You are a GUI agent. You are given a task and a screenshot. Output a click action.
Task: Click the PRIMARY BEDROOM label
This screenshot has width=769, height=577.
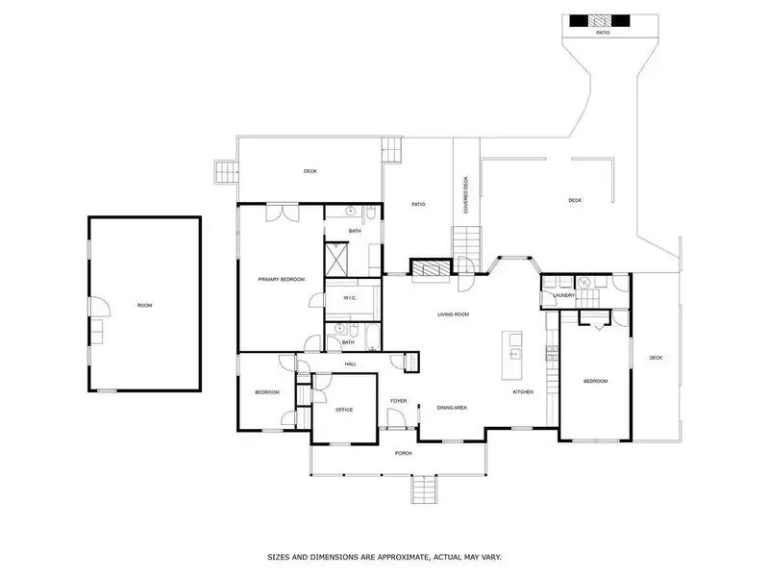pos(282,279)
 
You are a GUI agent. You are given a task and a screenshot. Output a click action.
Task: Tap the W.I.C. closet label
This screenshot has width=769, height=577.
pos(350,298)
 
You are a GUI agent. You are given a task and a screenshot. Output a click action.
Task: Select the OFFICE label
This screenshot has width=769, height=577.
pos(344,410)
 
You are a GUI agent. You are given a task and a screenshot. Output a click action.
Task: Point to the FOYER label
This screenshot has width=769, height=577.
pos(398,401)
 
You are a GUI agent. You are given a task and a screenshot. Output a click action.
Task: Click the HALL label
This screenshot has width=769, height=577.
pos(351,364)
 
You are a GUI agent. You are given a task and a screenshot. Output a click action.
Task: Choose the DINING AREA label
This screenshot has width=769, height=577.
pos(452,408)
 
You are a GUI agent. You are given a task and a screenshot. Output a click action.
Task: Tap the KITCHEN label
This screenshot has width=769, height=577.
pos(523,392)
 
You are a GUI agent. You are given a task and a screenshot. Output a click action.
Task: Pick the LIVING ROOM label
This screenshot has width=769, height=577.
pos(453,314)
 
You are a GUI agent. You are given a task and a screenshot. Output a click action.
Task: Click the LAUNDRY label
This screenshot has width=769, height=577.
pos(564,295)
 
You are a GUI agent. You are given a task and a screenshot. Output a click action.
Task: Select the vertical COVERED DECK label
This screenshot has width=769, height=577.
pos(466,195)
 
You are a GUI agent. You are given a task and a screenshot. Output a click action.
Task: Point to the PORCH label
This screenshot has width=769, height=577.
pos(403,453)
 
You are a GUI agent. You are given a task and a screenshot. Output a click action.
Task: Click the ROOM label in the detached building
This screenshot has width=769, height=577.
pos(145,306)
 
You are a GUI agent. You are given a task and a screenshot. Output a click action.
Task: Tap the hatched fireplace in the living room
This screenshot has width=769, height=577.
pos(430,268)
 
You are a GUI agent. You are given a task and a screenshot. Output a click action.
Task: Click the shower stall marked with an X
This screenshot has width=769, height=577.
pos(336,260)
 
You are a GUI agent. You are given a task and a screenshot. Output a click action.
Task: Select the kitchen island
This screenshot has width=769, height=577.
pos(512,355)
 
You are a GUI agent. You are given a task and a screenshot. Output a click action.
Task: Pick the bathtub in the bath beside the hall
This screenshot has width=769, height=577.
pos(373,338)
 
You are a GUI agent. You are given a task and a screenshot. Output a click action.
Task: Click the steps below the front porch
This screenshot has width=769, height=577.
pos(424,489)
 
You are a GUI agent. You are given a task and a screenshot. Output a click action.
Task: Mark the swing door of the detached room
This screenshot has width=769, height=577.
pos(100,306)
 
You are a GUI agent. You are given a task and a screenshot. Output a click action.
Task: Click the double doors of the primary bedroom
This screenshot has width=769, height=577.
pos(283,213)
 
